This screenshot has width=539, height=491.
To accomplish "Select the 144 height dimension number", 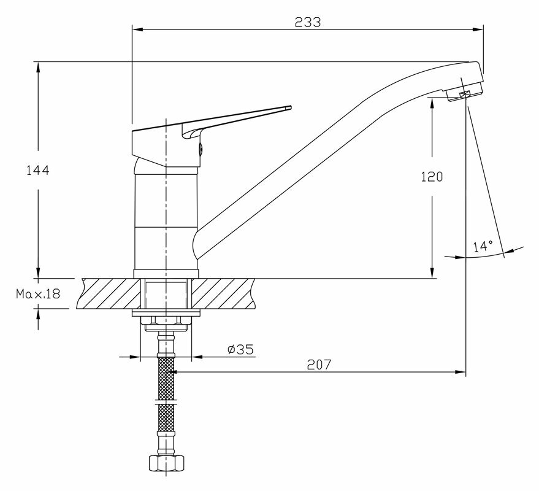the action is click(37, 170).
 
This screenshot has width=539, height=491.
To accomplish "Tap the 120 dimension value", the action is click(432, 177).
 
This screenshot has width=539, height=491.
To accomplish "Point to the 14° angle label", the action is click(483, 246).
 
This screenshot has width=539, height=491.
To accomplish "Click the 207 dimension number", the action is click(319, 363).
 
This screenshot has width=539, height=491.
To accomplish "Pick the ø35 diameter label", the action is click(240, 349).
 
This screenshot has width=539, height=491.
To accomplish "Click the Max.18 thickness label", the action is click(37, 294).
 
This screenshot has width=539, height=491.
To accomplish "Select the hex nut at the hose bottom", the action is click(166, 462).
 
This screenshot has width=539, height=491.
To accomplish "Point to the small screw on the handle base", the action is click(199, 147).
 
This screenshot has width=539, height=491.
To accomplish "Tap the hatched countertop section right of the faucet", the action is click(224, 293).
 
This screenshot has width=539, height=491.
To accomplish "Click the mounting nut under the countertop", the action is click(166, 320).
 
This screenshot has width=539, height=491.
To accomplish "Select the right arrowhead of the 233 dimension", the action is click(478, 28).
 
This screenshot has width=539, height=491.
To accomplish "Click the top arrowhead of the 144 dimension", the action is click(38, 65).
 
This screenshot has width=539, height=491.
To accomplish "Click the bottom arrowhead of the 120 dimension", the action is click(432, 274).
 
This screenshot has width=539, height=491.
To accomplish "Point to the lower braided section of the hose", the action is click(166, 419).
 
